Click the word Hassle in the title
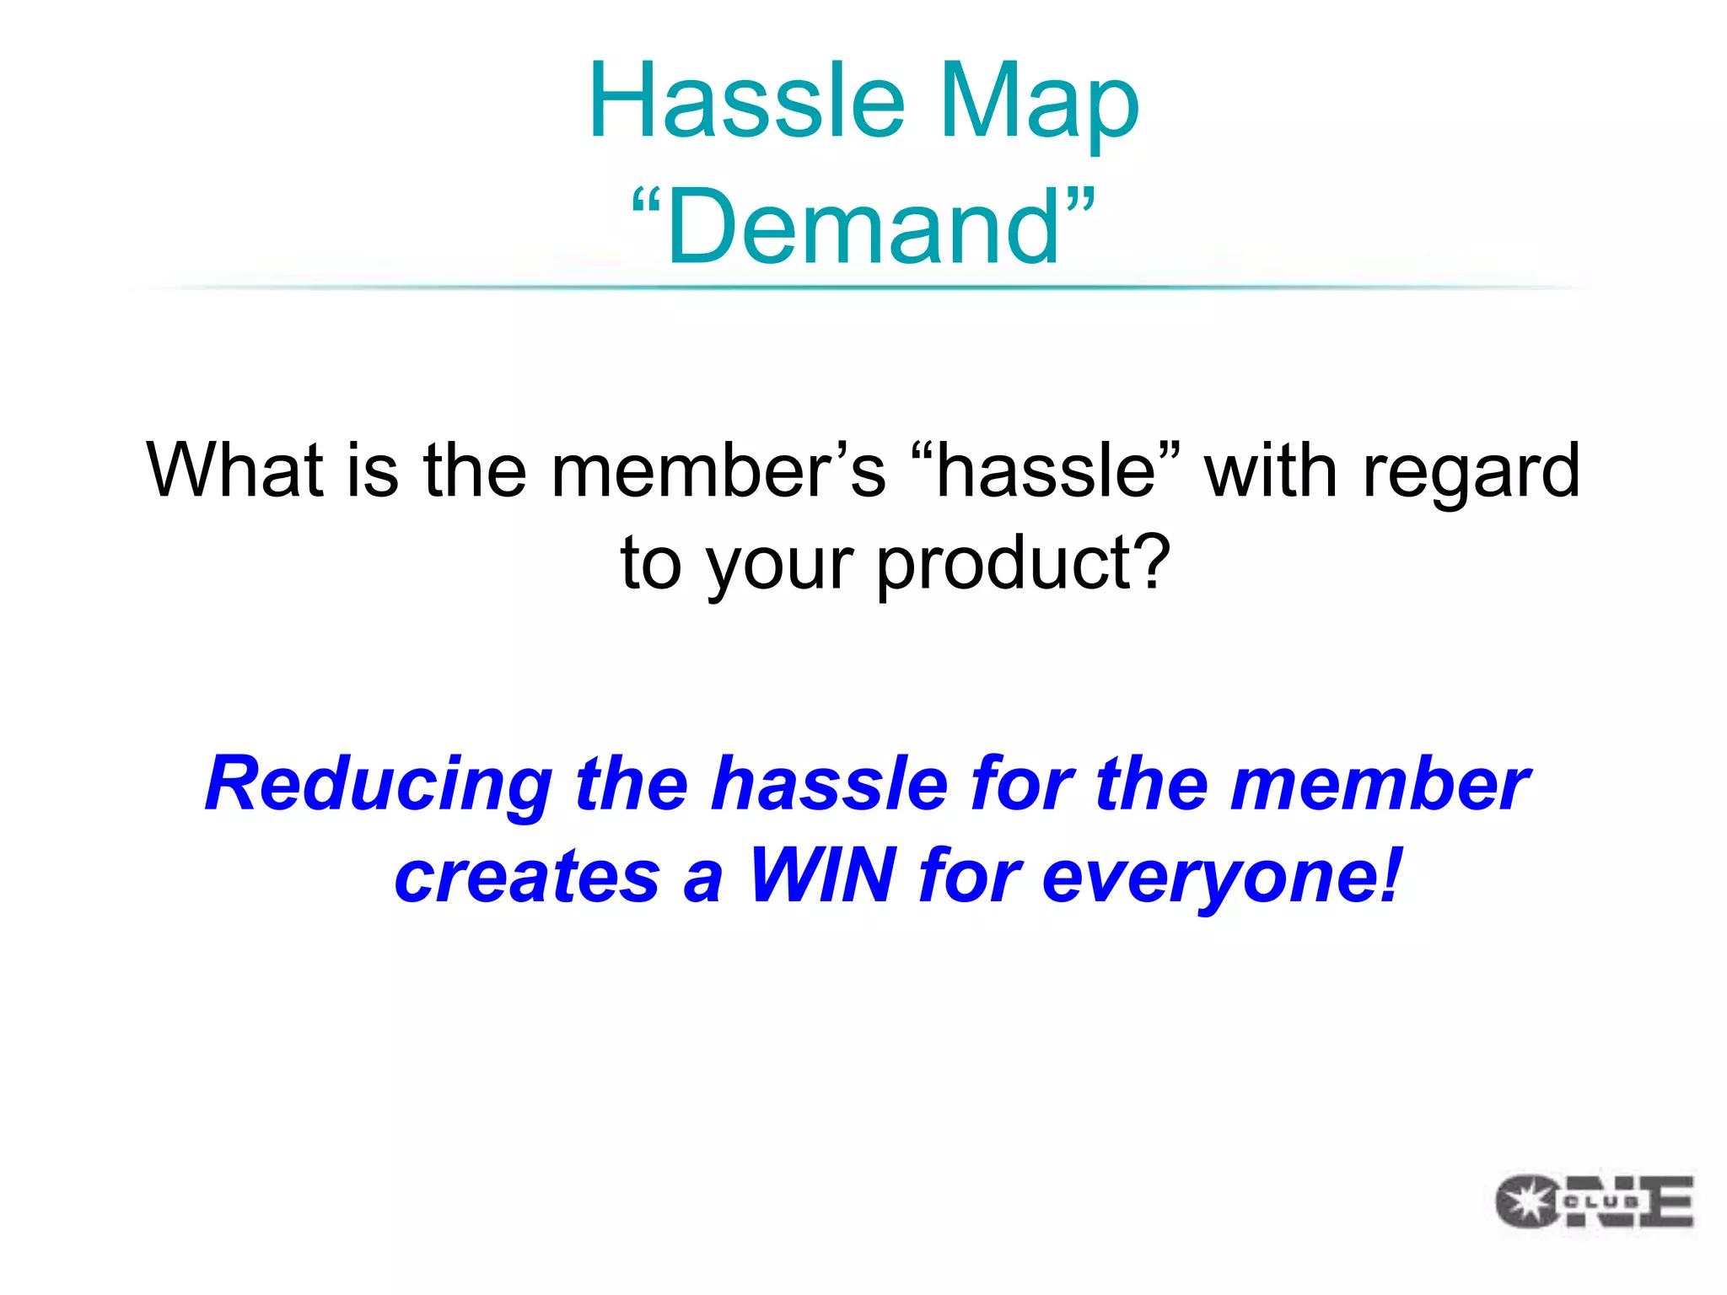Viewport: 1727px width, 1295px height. [747, 101]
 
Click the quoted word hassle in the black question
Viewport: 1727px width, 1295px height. [1046, 470]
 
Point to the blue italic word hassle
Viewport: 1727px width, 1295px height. [830, 784]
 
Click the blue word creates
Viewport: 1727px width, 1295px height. [527, 877]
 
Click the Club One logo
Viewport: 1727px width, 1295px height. [1594, 1201]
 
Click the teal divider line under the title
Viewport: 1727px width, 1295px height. [863, 287]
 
